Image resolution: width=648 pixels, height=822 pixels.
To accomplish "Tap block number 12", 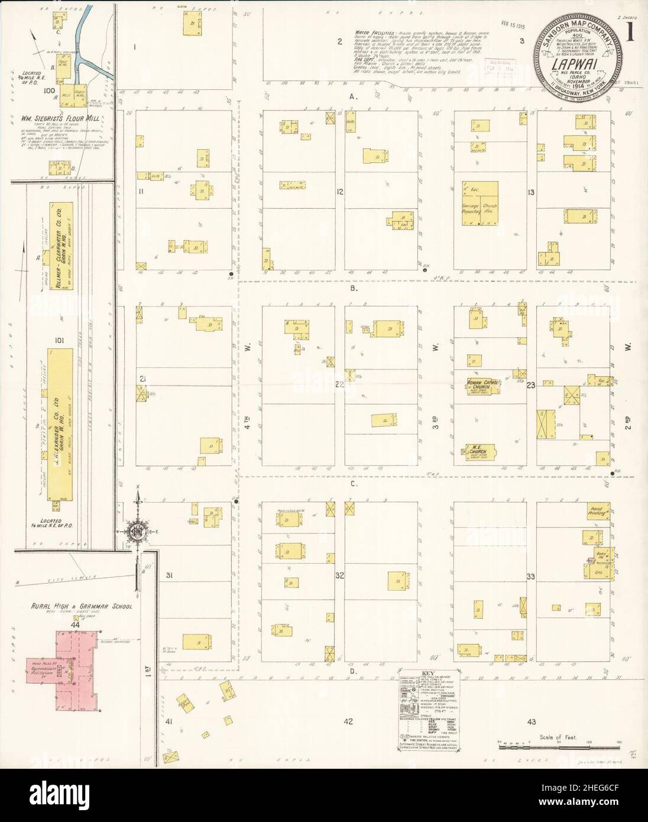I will point(340,191).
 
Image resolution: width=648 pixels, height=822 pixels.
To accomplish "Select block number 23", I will point(531,386).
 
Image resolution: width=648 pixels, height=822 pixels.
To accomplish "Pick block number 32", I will point(339,575).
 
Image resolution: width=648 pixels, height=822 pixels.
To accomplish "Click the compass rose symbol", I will point(138,528).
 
